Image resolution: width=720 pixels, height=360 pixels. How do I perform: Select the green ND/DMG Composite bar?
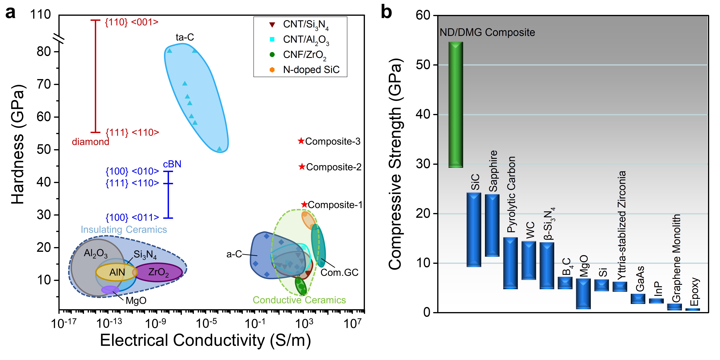[456, 105]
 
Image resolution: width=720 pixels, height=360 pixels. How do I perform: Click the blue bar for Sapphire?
[492, 225]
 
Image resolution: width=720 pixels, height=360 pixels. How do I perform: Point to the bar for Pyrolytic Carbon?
[510, 263]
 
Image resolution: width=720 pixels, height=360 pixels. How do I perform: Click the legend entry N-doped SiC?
[311, 70]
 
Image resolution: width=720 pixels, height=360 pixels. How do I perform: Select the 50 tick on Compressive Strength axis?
[423, 65]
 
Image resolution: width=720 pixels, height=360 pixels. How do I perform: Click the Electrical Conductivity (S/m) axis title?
[205, 340]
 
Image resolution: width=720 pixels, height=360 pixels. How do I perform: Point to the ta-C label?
[185, 37]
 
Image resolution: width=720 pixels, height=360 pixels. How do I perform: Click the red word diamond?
[90, 142]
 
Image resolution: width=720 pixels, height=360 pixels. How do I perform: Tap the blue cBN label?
[172, 164]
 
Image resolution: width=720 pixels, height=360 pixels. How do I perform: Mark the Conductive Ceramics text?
[299, 300]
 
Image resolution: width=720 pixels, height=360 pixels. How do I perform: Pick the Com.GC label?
[339, 272]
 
